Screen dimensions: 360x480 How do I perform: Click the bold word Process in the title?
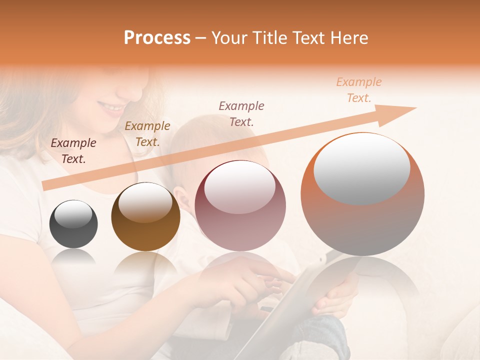(157, 38)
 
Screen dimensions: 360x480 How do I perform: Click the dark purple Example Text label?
(73, 151)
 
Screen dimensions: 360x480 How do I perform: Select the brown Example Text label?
(147, 134)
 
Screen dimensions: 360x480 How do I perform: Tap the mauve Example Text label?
(241, 113)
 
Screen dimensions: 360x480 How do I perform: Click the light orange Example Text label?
(359, 90)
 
